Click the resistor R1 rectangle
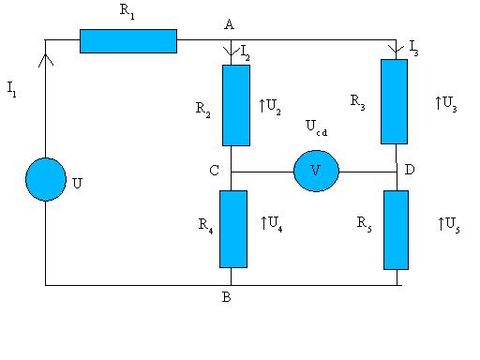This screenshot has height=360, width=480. point(128,41)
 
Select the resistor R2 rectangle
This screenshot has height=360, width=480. point(236,105)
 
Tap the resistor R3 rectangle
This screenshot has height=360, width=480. point(394,101)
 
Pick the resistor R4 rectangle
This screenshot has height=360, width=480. point(233,229)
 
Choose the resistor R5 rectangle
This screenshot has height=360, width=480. point(396,230)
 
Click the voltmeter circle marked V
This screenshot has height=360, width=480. point(316,171)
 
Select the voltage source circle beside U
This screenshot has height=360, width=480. point(46,179)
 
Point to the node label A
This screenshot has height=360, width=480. point(229,24)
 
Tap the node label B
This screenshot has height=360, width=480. point(227,297)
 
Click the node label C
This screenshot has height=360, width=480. point(214,171)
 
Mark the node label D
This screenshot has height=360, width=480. point(410,170)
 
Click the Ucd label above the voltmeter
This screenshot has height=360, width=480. point(317,127)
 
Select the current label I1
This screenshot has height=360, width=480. point(11,89)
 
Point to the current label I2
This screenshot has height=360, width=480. point(246,52)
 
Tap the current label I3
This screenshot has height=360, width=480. point(413,48)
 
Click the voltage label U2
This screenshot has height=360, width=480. point(270,107)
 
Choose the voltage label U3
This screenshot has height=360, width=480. point(446,104)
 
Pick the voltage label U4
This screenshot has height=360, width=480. point(272,224)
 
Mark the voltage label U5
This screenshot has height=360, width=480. point(449,225)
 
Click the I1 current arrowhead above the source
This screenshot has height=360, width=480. point(46,59)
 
